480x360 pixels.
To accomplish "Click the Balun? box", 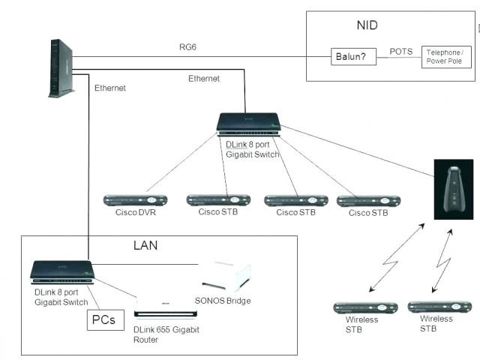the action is click(x=353, y=57).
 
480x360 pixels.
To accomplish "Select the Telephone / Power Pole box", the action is click(x=446, y=57).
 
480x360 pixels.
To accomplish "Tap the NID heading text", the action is click(x=367, y=25).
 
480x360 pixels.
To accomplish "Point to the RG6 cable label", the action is click(x=187, y=47).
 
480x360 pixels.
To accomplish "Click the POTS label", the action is click(x=401, y=52).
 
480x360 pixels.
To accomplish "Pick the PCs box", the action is click(x=106, y=320).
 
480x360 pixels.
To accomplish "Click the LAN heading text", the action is click(x=145, y=245).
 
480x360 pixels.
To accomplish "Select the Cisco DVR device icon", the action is click(x=135, y=200).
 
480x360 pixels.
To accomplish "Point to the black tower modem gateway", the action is click(x=61, y=68).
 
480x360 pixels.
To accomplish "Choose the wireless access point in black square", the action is click(x=454, y=189).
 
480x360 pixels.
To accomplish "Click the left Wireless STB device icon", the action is click(x=365, y=307).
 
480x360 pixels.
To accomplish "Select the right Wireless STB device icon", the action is click(x=439, y=307).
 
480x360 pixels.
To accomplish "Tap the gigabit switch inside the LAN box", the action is click(x=62, y=272).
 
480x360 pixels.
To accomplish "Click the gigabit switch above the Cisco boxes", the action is click(x=248, y=124).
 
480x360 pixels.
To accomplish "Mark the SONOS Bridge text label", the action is click(x=223, y=301).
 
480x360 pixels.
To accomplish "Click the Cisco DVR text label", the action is click(x=136, y=212).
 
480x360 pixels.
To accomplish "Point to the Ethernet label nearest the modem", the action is click(x=110, y=88).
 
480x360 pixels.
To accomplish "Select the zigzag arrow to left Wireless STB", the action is click(x=397, y=257).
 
